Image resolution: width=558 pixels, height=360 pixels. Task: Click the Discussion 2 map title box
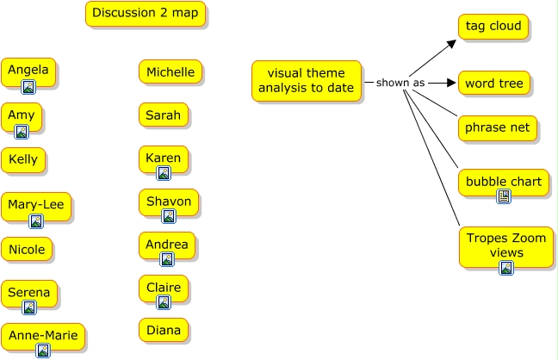tap(146, 13)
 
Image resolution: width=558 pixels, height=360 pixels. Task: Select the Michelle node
tap(170, 71)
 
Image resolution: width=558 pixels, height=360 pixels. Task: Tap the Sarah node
tap(163, 115)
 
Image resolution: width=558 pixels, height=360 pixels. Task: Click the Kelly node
tap(23, 160)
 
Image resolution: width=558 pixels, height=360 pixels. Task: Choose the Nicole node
tap(27, 250)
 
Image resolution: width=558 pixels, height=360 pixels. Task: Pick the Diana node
tap(163, 330)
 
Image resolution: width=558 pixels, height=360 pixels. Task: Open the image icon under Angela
tap(28, 86)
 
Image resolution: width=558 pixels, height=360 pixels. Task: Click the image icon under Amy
tap(22, 131)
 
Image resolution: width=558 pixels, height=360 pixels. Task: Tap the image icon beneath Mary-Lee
tap(36, 221)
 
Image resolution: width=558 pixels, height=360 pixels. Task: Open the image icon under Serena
tap(29, 307)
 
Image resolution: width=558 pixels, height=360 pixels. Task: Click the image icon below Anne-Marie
tap(43, 351)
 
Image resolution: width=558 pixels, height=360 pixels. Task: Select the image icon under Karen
tap(163, 173)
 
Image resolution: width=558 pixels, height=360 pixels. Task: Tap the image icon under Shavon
tap(169, 216)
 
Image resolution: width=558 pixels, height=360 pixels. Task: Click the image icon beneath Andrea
tap(167, 259)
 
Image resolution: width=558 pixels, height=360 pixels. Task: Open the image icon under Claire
tap(163, 302)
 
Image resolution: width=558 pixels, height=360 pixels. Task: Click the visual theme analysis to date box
tap(306, 81)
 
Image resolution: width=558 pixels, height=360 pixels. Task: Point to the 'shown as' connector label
tap(400, 83)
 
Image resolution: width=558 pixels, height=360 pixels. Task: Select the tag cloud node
tap(493, 27)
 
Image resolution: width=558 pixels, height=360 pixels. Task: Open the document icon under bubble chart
tap(504, 196)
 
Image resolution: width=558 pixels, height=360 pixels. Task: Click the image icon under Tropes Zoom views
tap(506, 268)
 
